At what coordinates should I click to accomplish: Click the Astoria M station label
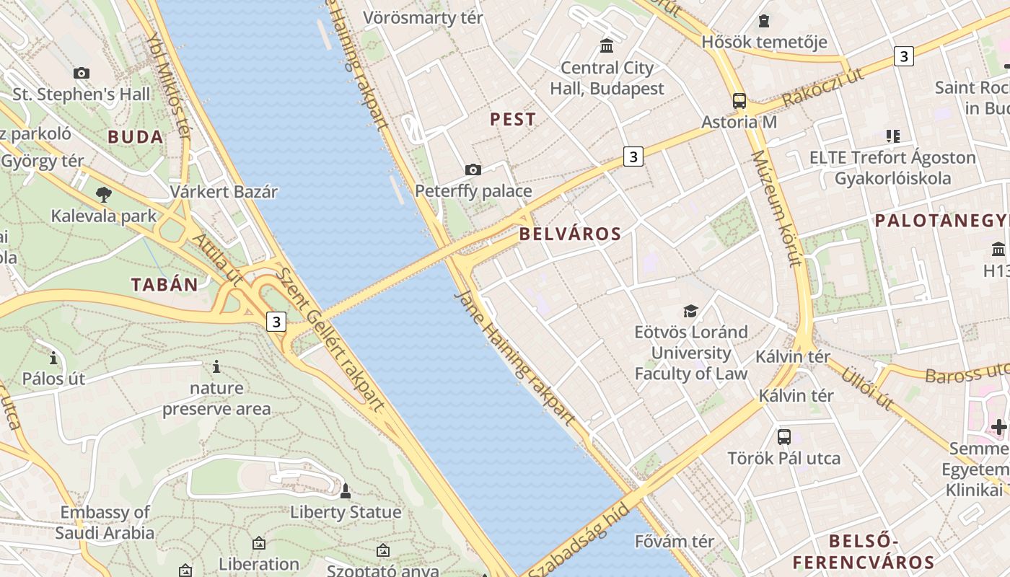pyautogui.click(x=739, y=122)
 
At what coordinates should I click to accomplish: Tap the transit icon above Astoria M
pyautogui.click(x=739, y=101)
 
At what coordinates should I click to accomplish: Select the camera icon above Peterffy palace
pyautogui.click(x=473, y=170)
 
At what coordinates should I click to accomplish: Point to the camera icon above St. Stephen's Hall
pyautogui.click(x=82, y=73)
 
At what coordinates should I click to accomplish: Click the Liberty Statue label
pyautogui.click(x=346, y=513)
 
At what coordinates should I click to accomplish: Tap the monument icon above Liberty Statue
pyautogui.click(x=346, y=492)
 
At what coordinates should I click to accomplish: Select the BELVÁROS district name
pyautogui.click(x=570, y=234)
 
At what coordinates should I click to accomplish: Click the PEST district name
pyautogui.click(x=513, y=120)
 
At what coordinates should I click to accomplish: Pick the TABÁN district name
pyautogui.click(x=164, y=285)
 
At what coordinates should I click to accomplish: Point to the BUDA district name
pyautogui.click(x=136, y=137)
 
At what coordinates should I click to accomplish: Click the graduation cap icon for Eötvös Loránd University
pyautogui.click(x=690, y=312)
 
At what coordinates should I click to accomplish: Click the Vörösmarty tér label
pyautogui.click(x=423, y=18)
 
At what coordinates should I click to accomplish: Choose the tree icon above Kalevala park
pyautogui.click(x=104, y=194)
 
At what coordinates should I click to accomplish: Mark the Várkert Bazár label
pyautogui.click(x=224, y=192)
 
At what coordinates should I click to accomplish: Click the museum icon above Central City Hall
pyautogui.click(x=607, y=46)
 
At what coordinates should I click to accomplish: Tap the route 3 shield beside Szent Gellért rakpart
pyautogui.click(x=276, y=321)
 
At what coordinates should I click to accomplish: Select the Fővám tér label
pyautogui.click(x=675, y=541)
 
